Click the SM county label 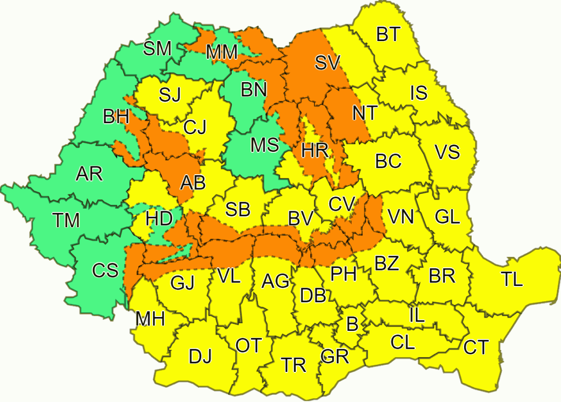(x=157, y=49)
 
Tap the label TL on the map (x=512, y=279)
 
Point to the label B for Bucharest (x=352, y=324)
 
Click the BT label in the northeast (x=388, y=35)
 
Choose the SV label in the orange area (x=328, y=62)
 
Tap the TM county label (x=67, y=220)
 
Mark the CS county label (x=105, y=271)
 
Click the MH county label (x=150, y=319)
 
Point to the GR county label (x=335, y=357)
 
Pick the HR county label (x=315, y=151)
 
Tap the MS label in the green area (x=265, y=146)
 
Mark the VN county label (x=400, y=217)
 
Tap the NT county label (x=364, y=113)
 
